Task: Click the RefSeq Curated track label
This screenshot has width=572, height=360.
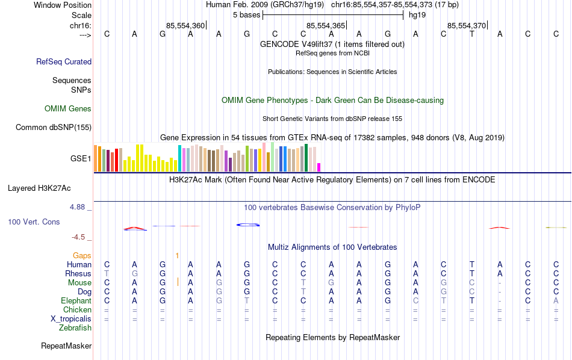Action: click(x=64, y=61)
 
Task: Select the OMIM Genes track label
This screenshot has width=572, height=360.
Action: click(x=68, y=109)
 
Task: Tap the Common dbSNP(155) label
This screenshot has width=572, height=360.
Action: click(x=54, y=127)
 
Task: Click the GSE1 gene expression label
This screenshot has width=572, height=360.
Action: click(x=81, y=159)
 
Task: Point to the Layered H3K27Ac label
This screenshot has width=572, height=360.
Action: click(x=49, y=188)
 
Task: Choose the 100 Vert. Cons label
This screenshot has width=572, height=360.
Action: click(x=34, y=222)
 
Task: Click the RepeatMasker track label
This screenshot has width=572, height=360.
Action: click(x=66, y=346)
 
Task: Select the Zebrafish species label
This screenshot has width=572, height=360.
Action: click(x=75, y=328)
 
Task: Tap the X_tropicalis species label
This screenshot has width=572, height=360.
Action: click(x=70, y=319)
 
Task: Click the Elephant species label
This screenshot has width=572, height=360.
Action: click(x=76, y=301)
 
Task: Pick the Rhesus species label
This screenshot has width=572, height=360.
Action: click(x=78, y=274)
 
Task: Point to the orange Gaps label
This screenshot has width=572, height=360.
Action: click(x=82, y=256)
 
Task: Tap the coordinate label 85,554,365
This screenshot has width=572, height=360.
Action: click(x=326, y=26)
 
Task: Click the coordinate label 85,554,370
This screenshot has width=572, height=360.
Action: click(x=466, y=26)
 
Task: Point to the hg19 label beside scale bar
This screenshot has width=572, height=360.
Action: click(x=417, y=14)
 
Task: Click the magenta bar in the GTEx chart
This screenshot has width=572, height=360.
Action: click(x=319, y=167)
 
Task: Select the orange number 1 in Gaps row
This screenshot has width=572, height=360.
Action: click(x=177, y=256)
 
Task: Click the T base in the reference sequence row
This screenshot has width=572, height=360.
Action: click(x=472, y=34)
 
